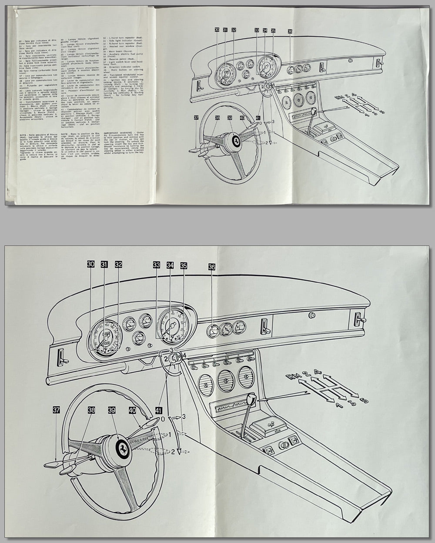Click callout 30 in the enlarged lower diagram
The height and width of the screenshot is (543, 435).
click(x=90, y=264)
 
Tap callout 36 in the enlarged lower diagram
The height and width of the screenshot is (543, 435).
click(x=211, y=268)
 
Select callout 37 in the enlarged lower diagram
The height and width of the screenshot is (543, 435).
click(x=57, y=410)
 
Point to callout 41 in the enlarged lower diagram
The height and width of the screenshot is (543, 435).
click(x=159, y=410)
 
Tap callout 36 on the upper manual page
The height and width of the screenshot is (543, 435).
click(x=290, y=31)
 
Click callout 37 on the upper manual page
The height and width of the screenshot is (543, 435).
click(x=196, y=118)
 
